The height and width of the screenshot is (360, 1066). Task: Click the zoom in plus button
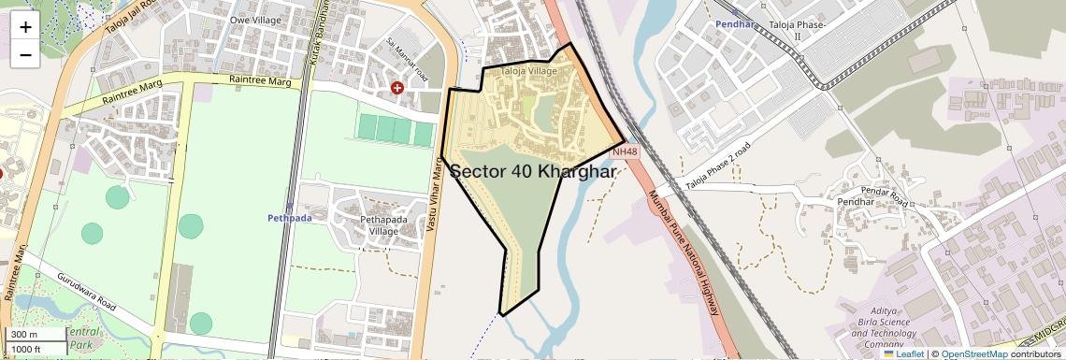pos(25,26)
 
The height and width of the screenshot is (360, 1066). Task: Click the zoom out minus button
pos(25,54)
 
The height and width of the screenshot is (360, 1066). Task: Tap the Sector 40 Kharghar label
pos(534,172)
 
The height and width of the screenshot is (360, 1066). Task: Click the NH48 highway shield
pos(625,151)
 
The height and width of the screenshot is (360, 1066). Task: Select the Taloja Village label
pos(529,71)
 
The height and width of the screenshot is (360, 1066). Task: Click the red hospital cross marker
pos(397,87)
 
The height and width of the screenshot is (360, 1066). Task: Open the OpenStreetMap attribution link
pos(973,354)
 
